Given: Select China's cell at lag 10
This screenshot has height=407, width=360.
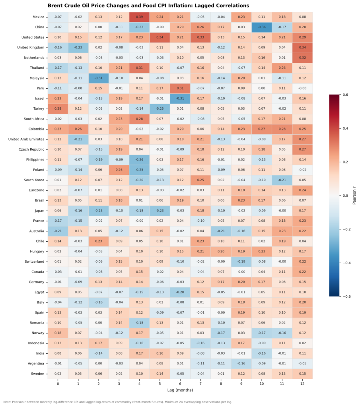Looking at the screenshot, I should click(261, 27).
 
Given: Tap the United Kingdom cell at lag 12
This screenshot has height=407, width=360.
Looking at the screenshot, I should click(302, 48).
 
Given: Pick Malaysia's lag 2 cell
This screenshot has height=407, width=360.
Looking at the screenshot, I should click(99, 78).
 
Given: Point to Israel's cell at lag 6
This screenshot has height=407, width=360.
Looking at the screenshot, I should click(180, 99).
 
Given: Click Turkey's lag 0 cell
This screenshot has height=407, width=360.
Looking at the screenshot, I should click(58, 109).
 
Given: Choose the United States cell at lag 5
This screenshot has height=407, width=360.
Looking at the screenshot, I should click(160, 37).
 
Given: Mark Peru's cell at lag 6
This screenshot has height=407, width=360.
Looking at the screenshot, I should click(180, 88).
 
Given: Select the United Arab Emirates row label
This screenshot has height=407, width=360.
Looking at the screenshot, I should click(25, 140).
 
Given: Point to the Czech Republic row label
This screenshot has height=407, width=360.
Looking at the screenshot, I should click(30, 149).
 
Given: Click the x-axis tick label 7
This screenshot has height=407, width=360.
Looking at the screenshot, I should click(200, 383).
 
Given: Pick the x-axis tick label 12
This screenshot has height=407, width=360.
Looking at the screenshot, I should click(302, 383).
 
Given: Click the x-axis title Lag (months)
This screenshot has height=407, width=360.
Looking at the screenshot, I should click(180, 391).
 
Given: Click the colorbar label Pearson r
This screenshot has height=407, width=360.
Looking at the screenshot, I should click(354, 196).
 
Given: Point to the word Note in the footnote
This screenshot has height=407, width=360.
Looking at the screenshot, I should click(7, 402).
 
